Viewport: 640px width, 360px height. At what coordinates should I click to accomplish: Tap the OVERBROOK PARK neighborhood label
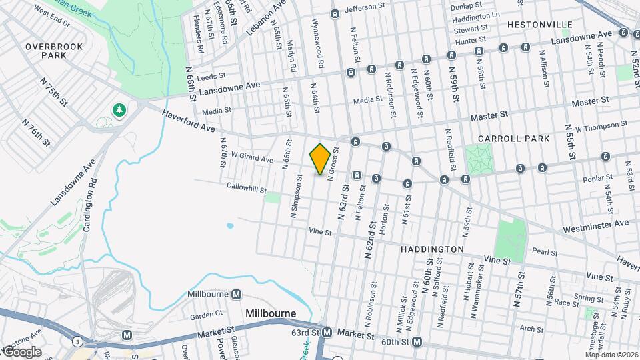pos(45,51)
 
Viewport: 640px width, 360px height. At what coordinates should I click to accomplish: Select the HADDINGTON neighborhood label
pos(432,249)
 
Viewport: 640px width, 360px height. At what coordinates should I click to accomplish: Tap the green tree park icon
pos(120,109)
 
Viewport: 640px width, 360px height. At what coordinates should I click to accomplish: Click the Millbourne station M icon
pos(236,295)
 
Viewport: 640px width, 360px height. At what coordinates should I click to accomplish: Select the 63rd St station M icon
pos(327,333)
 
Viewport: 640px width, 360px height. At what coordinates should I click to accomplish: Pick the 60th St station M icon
pos(417,342)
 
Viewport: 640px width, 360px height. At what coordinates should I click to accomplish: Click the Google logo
pos(21,351)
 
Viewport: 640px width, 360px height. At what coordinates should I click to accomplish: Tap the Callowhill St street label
pos(247,187)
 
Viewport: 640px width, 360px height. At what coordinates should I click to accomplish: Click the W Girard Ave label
pos(252,159)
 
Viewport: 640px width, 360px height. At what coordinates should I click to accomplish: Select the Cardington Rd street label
pos(89,207)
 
